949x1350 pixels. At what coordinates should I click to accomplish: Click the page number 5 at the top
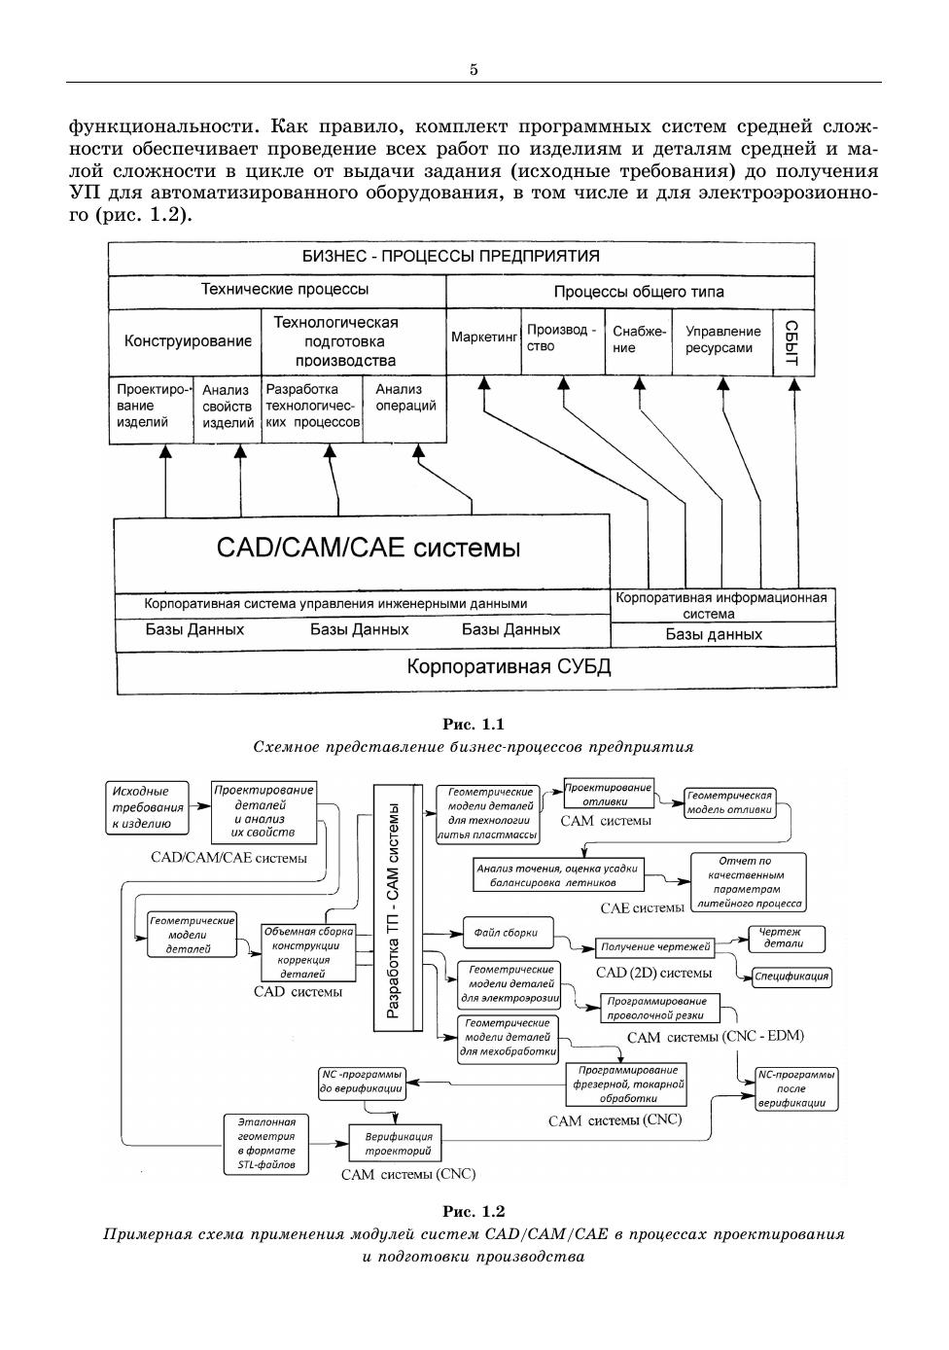(x=474, y=69)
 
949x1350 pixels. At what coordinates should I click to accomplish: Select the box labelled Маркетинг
(x=483, y=338)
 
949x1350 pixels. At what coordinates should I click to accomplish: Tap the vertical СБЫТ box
(x=793, y=342)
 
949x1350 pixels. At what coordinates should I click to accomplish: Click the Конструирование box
(x=187, y=341)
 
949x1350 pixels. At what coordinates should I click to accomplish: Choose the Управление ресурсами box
(x=722, y=339)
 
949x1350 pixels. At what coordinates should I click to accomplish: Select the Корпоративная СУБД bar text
(x=509, y=667)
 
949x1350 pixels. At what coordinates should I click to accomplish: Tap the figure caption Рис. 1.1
(x=474, y=725)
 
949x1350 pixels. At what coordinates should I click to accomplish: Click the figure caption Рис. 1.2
(x=474, y=1211)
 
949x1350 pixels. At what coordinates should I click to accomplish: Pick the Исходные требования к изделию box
(x=147, y=807)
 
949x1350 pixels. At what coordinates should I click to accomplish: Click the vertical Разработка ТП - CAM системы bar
(x=399, y=909)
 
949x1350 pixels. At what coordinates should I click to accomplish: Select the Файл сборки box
(x=507, y=932)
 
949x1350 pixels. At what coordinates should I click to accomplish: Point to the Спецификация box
(x=791, y=976)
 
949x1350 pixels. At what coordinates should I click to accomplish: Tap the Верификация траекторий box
(x=398, y=1143)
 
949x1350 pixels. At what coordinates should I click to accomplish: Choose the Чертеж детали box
(x=784, y=938)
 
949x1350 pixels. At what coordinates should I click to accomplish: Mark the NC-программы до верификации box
(x=361, y=1083)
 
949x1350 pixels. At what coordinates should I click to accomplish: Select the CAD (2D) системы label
(x=653, y=973)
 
